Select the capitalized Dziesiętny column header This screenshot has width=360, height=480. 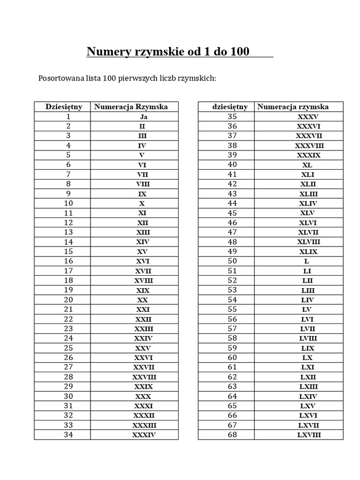[x=64, y=106]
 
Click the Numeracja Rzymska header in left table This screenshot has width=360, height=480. [x=131, y=106]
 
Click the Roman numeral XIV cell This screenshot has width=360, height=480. [x=143, y=242]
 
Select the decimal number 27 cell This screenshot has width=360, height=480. [x=68, y=367]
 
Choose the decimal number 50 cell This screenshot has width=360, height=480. [x=232, y=261]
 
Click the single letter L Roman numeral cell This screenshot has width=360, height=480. [x=307, y=262]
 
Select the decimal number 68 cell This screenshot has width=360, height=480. [x=232, y=435]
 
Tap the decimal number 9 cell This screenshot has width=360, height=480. [x=68, y=194]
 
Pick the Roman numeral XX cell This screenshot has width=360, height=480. [x=143, y=300]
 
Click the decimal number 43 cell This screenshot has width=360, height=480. [x=232, y=194]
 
